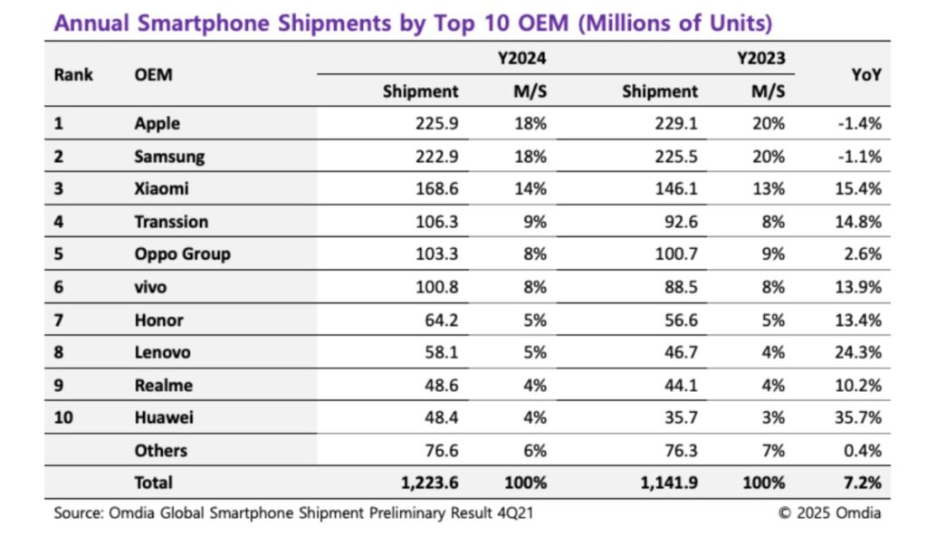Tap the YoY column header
click(x=865, y=75)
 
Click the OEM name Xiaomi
click(x=161, y=189)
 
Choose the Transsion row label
click(x=171, y=222)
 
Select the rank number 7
click(x=59, y=321)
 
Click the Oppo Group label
click(x=182, y=254)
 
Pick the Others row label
click(x=160, y=451)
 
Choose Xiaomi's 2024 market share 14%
click(x=532, y=189)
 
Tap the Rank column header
click(x=73, y=75)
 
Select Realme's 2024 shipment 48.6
click(x=440, y=386)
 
